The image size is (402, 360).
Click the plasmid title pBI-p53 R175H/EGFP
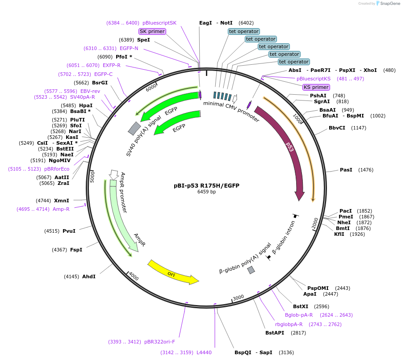click(x=206, y=185)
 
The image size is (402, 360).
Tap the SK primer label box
click(x=152, y=31)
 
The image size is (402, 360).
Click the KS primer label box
click(x=316, y=87)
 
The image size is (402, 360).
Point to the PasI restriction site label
click(x=346, y=170)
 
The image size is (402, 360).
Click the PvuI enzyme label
click(x=69, y=231)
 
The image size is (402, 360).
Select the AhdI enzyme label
click(x=88, y=276)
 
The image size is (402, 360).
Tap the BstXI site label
click(x=301, y=306)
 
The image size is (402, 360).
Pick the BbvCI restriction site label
click(x=337, y=128)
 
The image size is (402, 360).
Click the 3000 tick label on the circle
click(x=238, y=297)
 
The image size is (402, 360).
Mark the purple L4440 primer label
click(x=204, y=352)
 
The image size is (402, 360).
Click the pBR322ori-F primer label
click(x=159, y=342)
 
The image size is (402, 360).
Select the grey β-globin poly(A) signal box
click(x=251, y=270)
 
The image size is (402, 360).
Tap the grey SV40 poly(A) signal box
click(x=134, y=128)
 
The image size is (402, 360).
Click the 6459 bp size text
click(x=206, y=192)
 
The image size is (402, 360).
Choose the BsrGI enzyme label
click(x=100, y=83)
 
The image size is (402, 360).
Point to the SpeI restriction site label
click(x=143, y=40)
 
